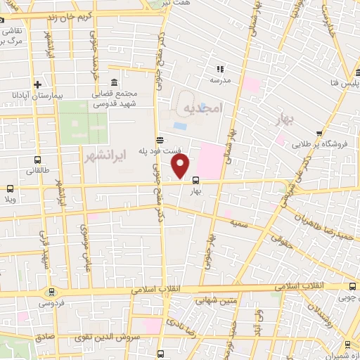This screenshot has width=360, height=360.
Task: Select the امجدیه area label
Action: pyautogui.click(x=201, y=108)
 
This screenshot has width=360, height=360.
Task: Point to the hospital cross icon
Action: pyautogui.click(x=46, y=84)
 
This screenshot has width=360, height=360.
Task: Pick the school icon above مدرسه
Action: pyautogui.click(x=220, y=69)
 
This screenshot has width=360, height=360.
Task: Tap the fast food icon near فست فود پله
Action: pyautogui.click(x=161, y=140)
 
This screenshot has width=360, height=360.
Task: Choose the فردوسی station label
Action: pyautogui.click(x=49, y=304)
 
